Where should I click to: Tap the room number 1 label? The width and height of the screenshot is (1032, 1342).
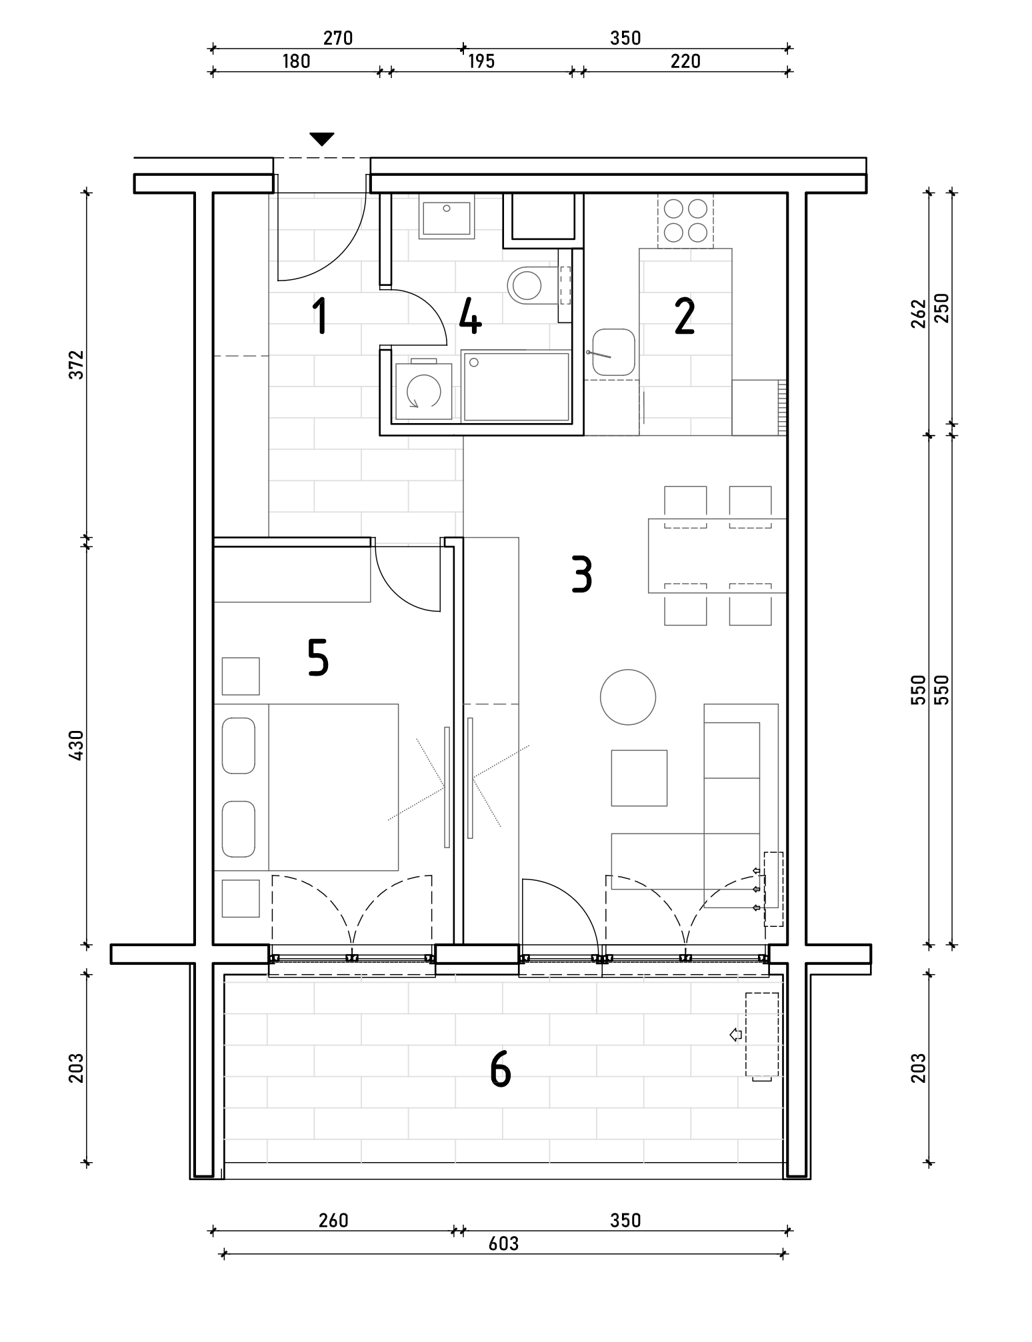coord(321,317)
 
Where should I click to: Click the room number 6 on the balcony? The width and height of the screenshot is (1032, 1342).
coord(500,1069)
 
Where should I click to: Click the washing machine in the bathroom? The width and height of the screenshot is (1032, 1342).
coord(423,390)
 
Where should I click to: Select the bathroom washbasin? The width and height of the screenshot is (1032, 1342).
coord(447,219)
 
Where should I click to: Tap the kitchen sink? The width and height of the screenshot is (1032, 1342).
coord(613,352)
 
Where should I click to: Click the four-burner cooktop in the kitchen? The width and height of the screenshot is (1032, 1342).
coord(685,221)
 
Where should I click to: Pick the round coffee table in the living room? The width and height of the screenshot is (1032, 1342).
coord(628,697)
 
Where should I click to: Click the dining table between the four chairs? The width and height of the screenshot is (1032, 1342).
coord(717,555)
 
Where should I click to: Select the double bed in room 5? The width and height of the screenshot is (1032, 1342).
coord(306,787)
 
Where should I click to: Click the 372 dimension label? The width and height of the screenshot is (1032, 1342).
coord(77,364)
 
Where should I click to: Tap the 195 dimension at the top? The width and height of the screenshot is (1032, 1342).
coord(481,61)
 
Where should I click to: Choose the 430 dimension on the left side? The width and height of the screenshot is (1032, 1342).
coord(77,745)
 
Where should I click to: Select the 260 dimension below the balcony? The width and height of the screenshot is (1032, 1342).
coord(333,1220)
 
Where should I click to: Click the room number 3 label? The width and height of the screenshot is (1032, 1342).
coord(581,575)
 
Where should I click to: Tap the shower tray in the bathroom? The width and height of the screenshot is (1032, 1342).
coord(517,386)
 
